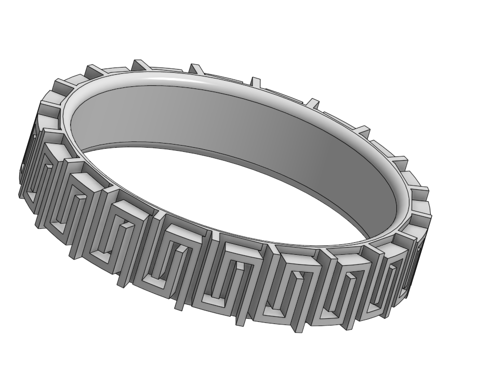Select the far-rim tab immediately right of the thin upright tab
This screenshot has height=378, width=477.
[312, 102]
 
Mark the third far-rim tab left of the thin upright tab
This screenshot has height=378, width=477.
[94, 70]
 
